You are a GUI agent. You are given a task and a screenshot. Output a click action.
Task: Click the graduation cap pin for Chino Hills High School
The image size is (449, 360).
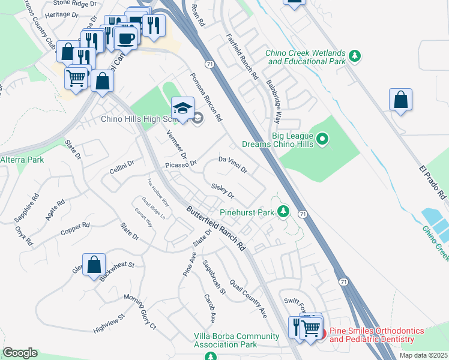[x=182, y=109]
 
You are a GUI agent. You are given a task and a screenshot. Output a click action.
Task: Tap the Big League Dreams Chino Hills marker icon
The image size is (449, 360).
[x=323, y=139]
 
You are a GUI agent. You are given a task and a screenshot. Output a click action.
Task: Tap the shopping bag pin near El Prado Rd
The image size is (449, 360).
[x=400, y=101]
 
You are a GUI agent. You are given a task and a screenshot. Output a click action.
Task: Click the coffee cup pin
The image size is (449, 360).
[x=125, y=38]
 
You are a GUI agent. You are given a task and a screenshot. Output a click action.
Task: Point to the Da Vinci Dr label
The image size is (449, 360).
[x=232, y=164]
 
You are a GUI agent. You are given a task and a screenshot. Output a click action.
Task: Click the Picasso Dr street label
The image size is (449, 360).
[x=181, y=163]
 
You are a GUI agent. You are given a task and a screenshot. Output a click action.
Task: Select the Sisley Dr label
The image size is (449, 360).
[x=222, y=191]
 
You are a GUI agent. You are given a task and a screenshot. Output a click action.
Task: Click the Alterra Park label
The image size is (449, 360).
[x=22, y=160]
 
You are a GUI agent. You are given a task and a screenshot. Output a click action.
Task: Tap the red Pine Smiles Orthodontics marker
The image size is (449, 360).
[x=322, y=333]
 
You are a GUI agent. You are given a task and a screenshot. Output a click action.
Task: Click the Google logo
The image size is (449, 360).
[x=20, y=352]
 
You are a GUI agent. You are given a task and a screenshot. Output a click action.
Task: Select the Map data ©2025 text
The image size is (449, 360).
[x=423, y=355]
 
